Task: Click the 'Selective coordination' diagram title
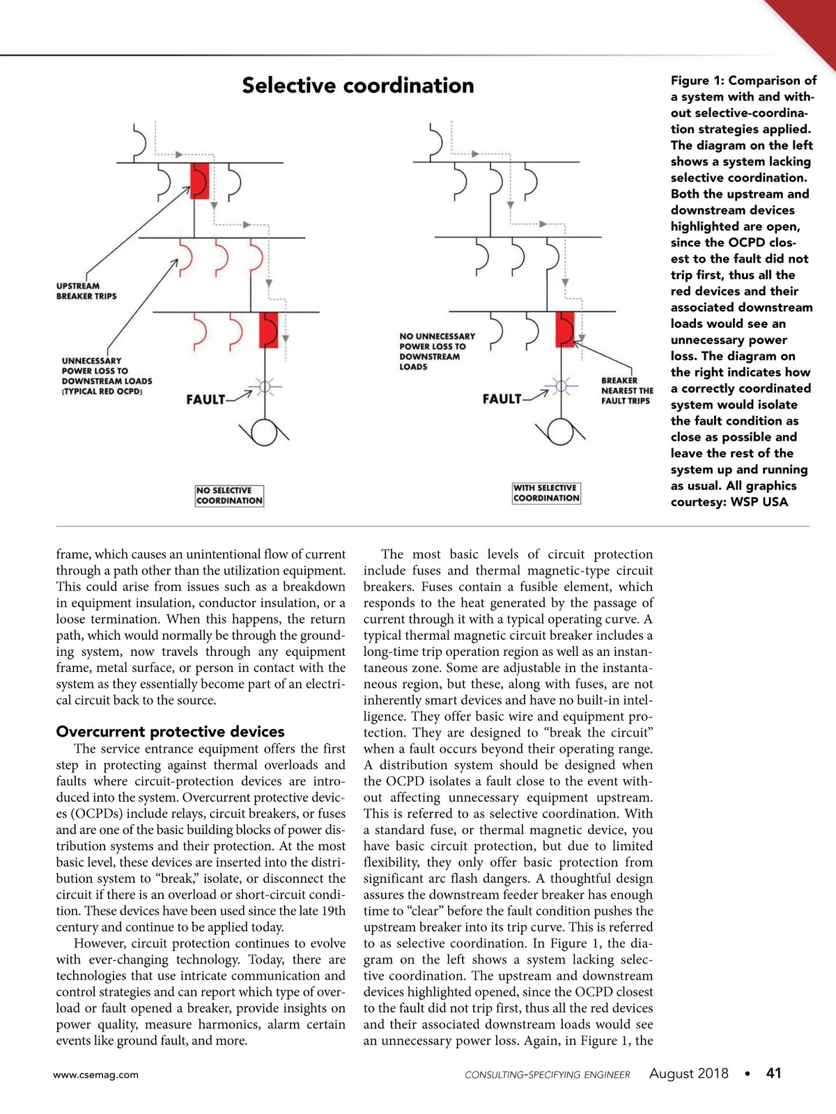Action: (357, 86)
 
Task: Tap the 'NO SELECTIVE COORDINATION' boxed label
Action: (229, 495)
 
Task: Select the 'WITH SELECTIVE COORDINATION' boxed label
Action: (546, 493)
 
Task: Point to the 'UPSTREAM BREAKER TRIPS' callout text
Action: (86, 291)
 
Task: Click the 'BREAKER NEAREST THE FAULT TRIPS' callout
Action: (626, 391)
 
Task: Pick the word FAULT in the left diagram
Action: (206, 400)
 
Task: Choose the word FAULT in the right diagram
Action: (502, 399)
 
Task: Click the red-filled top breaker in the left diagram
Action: (200, 181)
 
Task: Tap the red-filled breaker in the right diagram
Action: (565, 329)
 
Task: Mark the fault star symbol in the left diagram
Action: (265, 386)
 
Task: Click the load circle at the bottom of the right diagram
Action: (561, 432)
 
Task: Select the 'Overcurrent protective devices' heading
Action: (170, 732)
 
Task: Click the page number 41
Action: (773, 1074)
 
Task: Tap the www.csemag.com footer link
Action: (96, 1075)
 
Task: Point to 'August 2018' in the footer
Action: (688, 1074)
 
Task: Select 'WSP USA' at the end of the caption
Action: (759, 502)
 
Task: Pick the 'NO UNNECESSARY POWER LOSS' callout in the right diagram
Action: (437, 351)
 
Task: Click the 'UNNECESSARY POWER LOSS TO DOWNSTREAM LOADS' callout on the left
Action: (106, 376)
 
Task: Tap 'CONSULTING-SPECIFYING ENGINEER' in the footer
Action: (547, 1075)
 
